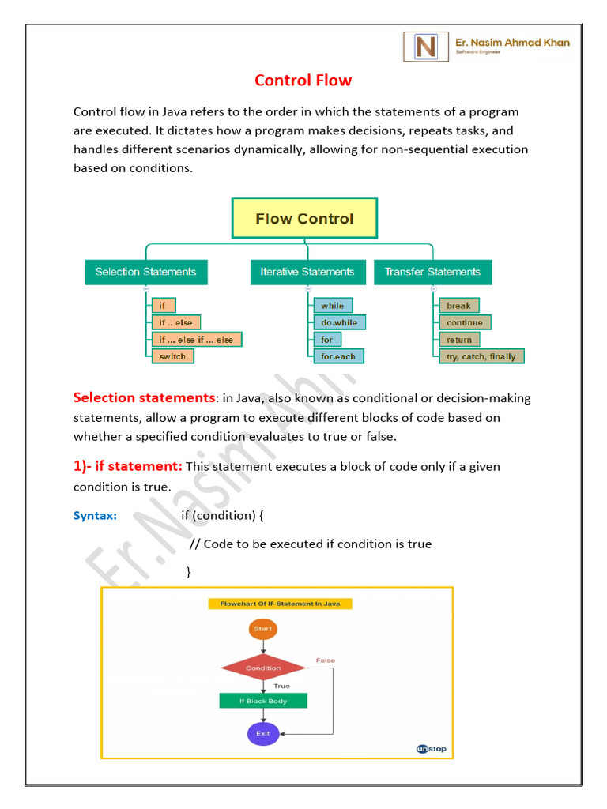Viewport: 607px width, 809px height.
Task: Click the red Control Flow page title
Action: coord(303,81)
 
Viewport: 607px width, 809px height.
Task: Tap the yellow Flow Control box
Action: coord(304,218)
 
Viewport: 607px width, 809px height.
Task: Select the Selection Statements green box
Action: coord(146,272)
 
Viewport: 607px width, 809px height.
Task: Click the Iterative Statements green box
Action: coord(307,272)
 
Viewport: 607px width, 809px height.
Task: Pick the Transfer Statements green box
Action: coord(432,272)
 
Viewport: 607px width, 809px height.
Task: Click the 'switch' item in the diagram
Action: coord(172,356)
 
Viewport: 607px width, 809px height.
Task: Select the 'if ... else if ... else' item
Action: coord(197,339)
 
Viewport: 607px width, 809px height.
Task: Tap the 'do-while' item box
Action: coord(339,322)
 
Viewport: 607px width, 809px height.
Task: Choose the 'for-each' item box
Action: coord(338,356)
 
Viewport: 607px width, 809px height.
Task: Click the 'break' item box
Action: coord(458,306)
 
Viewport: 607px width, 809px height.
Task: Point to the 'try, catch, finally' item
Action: coord(481,356)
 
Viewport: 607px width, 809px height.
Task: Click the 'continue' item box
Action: coord(465,322)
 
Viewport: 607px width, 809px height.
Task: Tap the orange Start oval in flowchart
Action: coord(263,629)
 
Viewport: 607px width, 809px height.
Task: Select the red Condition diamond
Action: coord(263,668)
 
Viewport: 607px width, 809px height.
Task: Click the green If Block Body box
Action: coord(263,701)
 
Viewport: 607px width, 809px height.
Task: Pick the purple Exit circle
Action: coord(263,733)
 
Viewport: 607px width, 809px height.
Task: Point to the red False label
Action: coord(326,660)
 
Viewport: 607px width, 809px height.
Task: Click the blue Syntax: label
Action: coord(95,516)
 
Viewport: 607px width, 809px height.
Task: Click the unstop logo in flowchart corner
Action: coord(431,748)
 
